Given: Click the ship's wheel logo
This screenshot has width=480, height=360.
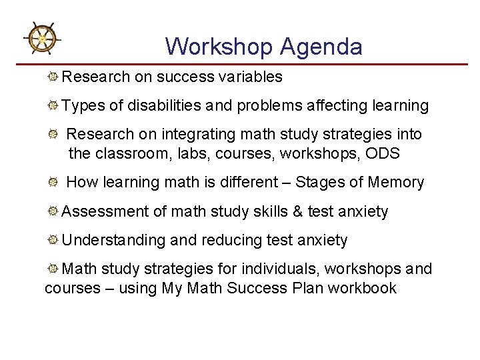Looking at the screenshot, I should (x=42, y=39).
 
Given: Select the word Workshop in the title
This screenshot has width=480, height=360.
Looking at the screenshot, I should (x=219, y=47).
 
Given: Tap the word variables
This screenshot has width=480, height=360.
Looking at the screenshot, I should (x=250, y=77).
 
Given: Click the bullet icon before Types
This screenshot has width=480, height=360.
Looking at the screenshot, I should (x=53, y=106).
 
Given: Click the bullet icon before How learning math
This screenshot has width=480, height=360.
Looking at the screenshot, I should (x=53, y=182).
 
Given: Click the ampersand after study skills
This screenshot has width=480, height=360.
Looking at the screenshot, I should (x=297, y=212).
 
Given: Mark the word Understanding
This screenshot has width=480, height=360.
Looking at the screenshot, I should (x=113, y=240).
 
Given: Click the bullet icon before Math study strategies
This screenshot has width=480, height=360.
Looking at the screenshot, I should (x=53, y=269).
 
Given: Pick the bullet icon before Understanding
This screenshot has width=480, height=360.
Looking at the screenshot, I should (x=53, y=240).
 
